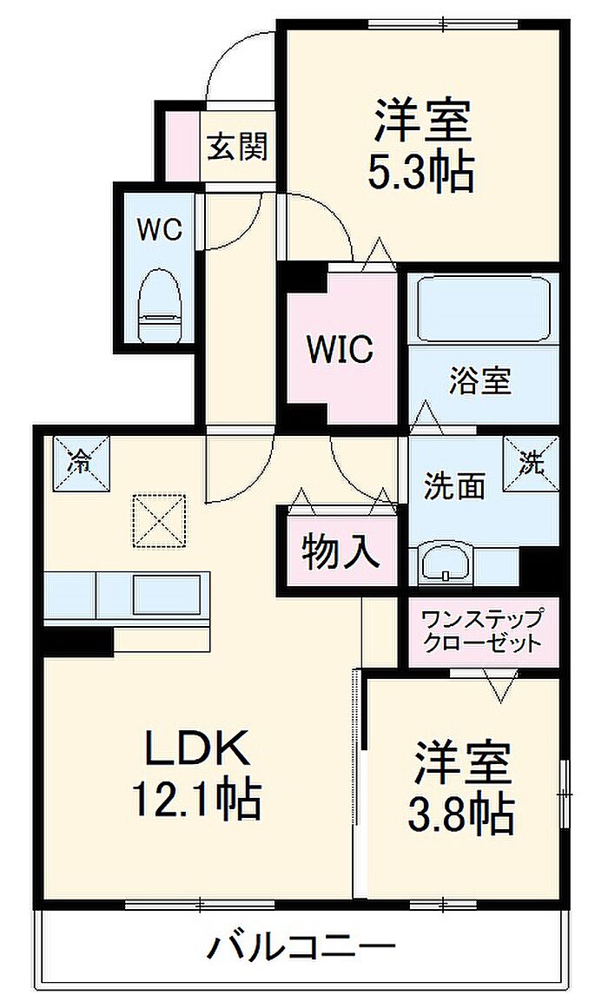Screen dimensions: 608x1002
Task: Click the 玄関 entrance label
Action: (237, 147)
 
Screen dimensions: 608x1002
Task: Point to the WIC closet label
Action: (340, 349)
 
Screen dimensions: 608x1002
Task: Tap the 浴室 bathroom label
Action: (480, 381)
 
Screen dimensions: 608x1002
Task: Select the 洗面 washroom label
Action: (455, 485)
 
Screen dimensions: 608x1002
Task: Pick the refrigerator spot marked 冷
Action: (81, 464)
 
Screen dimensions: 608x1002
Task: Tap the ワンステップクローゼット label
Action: (481, 630)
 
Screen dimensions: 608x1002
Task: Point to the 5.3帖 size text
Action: (420, 172)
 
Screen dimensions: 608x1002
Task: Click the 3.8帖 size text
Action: (461, 812)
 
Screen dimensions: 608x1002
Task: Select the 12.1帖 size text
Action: (196, 800)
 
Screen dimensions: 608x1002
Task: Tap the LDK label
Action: (196, 747)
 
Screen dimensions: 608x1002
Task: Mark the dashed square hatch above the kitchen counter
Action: (159, 521)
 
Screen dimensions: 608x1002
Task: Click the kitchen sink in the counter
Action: (168, 594)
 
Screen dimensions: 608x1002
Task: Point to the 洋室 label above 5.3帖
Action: (423, 122)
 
